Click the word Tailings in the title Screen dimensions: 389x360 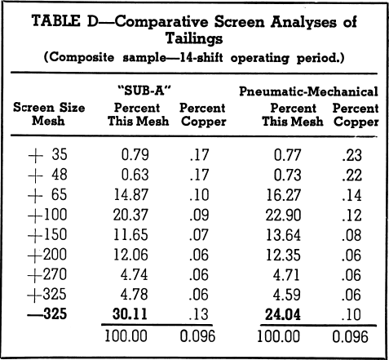click(x=194, y=38)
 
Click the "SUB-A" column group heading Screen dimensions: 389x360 click(x=145, y=91)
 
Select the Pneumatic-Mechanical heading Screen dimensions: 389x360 click(x=308, y=91)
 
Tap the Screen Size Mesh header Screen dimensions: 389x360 click(x=49, y=114)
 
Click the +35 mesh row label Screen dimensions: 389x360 click(x=47, y=154)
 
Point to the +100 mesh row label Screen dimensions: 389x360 click(x=47, y=215)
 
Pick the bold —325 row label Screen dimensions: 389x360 click(x=47, y=313)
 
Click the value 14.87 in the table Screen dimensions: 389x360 click(x=131, y=195)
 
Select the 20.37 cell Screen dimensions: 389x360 click(x=130, y=215)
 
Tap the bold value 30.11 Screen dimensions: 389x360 click(x=130, y=313)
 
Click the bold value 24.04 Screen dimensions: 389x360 click(x=283, y=314)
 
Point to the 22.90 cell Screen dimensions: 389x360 click(x=283, y=216)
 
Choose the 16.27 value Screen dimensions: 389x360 click(x=284, y=195)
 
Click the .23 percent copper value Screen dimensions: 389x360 click(x=352, y=155)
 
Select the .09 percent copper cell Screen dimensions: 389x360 click(x=199, y=215)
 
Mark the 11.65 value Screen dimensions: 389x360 click(x=130, y=234)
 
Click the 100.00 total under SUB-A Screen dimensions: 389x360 click(x=126, y=336)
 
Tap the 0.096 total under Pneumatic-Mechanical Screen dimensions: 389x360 click(x=350, y=336)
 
